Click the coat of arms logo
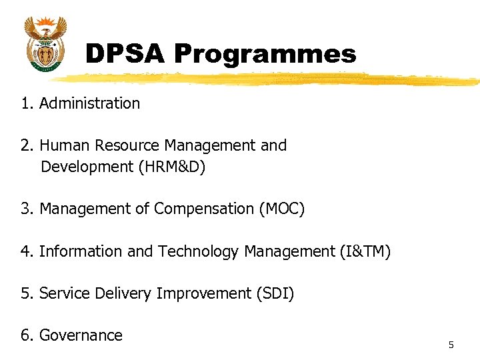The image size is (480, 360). click(45, 43)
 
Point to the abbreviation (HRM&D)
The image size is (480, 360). click(172, 167)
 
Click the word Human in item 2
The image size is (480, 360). click(65, 145)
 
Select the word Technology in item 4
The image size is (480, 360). click(198, 252)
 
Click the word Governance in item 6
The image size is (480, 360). click(81, 335)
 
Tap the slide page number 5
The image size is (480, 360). click(451, 345)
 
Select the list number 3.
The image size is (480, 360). click(26, 209)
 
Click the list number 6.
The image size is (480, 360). click(26, 335)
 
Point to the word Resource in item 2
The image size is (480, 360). click(127, 145)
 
